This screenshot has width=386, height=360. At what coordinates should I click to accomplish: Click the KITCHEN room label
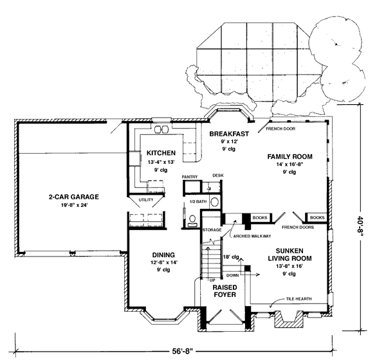coord(161,153)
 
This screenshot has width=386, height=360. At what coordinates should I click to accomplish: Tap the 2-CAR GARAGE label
coord(74,197)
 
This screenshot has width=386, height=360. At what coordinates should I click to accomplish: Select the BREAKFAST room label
coord(229,134)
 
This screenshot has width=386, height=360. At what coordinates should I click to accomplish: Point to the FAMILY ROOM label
coord(289,156)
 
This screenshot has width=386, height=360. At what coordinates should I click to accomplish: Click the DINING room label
coord(163,255)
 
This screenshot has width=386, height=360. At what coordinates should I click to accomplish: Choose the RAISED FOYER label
coord(225,291)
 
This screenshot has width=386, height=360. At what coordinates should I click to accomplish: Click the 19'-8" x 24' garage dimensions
coord(75,205)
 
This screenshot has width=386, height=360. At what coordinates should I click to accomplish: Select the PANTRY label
coord(190,177)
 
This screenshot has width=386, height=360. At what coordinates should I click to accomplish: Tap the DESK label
coord(218,175)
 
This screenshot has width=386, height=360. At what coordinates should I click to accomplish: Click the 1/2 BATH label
coord(198,202)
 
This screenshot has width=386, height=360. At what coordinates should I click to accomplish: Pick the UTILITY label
coord(146,200)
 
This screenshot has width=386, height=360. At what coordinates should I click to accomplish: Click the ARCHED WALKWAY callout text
coord(252,236)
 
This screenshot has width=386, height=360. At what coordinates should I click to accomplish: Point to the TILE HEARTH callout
coord(299,299)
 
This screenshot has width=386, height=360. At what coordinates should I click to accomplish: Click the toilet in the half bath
coord(192,221)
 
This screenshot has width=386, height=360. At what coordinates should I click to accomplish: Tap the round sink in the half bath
coord(215,202)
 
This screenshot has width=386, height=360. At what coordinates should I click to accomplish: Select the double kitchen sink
coord(161,129)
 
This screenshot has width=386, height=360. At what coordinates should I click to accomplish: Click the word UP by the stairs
coord(212,280)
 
